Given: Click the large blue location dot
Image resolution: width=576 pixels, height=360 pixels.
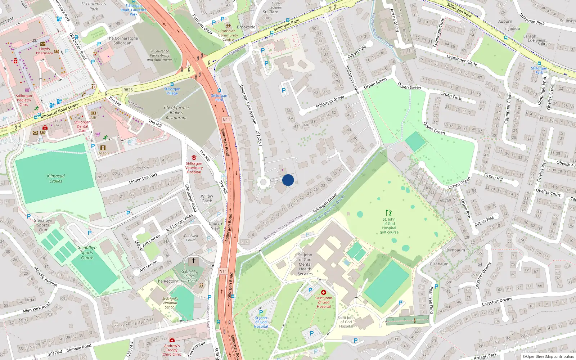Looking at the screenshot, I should (x=288, y=180).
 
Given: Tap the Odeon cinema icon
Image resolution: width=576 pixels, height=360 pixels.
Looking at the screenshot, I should (x=103, y=148).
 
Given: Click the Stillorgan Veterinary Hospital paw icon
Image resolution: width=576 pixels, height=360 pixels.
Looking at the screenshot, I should (x=194, y=158).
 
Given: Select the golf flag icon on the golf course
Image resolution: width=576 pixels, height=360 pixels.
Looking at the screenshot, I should (x=389, y=213).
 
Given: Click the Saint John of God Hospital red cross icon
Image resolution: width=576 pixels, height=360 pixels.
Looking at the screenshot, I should (x=323, y=292).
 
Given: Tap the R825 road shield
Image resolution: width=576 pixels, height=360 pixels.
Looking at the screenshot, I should (x=128, y=90).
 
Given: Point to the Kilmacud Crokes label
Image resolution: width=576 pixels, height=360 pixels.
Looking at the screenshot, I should (x=56, y=179).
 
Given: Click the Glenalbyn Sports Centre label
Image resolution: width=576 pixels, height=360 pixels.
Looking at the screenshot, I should (x=87, y=253).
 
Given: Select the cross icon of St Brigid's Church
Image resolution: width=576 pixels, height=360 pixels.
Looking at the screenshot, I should (x=194, y=260).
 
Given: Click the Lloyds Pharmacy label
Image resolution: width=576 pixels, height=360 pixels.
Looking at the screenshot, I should (x=44, y=51).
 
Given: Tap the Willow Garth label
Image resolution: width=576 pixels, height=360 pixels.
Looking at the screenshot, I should (x=207, y=199).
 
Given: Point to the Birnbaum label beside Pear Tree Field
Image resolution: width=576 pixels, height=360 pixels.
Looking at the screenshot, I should (x=439, y=264).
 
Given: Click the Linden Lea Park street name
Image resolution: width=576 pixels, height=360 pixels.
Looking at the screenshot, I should (x=143, y=179).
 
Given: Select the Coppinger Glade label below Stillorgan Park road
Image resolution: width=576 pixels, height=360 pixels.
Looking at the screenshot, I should (x=462, y=60).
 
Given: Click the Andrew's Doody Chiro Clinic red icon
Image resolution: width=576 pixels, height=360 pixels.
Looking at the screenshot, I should (x=172, y=340).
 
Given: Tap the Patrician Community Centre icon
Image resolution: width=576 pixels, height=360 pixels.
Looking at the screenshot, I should (x=228, y=26).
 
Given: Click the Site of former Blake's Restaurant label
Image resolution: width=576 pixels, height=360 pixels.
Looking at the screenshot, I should (x=176, y=112).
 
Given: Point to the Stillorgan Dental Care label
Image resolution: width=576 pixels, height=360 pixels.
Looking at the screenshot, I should (x=82, y=126).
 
